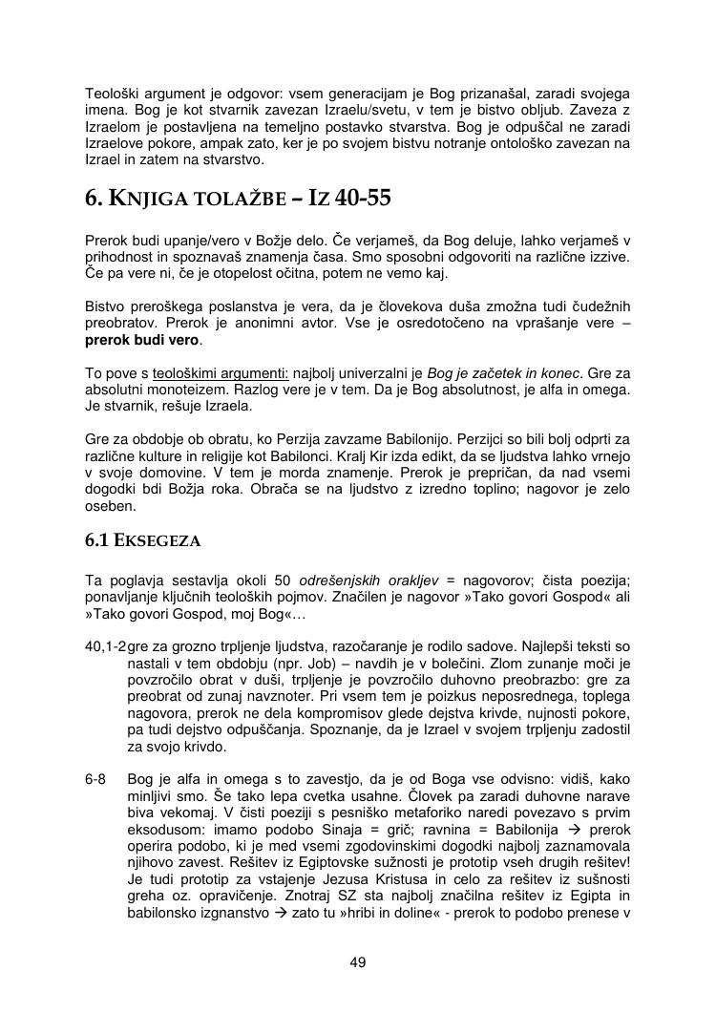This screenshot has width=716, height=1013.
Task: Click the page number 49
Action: pyautogui.click(x=358, y=961)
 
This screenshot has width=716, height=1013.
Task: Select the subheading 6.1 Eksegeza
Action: pyautogui.click(x=143, y=540)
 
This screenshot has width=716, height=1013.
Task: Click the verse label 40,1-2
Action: pyautogui.click(x=105, y=647)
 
